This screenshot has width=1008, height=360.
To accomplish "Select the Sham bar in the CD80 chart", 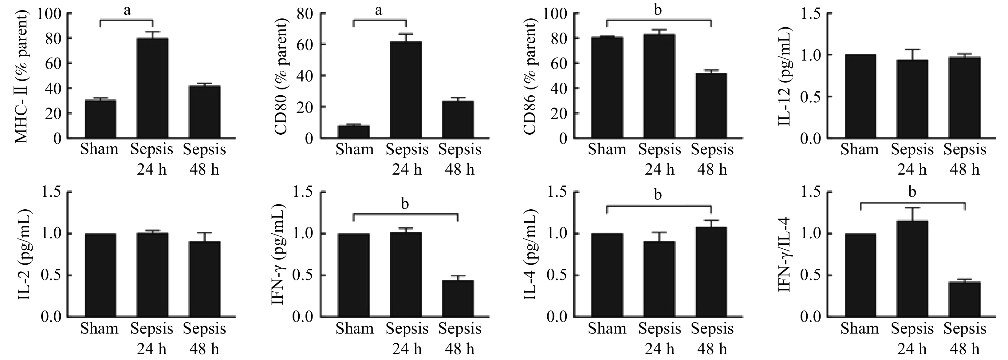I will pyautogui.click(x=353, y=132).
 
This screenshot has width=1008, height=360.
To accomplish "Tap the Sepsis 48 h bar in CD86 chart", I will pyautogui.click(x=711, y=106).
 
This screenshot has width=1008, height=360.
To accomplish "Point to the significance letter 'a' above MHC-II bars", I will pyautogui.click(x=127, y=10).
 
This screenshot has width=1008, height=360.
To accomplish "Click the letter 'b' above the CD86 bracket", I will pyautogui.click(x=658, y=10).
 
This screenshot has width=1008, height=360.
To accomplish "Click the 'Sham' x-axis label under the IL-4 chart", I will pyautogui.click(x=607, y=328).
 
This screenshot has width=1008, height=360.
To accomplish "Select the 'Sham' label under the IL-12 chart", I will pyautogui.click(x=859, y=149).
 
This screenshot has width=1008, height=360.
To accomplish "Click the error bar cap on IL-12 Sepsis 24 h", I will pyautogui.click(x=912, y=50).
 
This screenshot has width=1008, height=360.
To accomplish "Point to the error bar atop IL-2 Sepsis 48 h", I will pyautogui.click(x=205, y=233).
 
